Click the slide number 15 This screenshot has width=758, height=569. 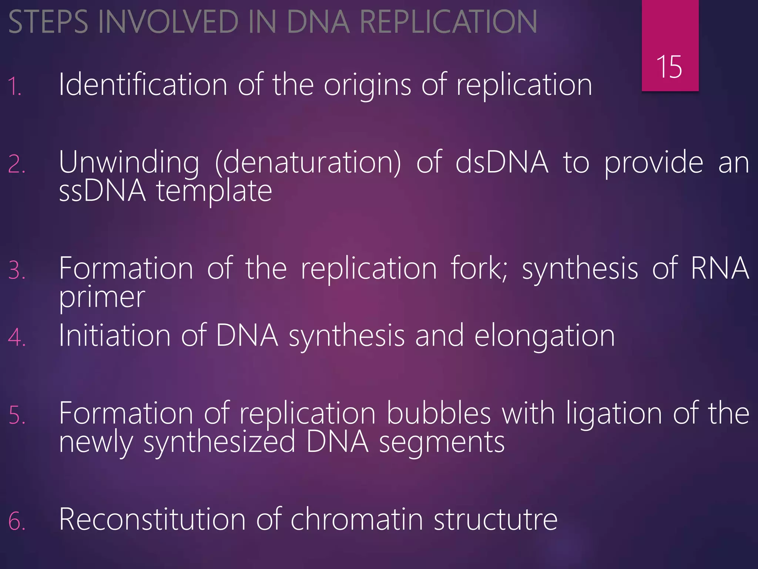669,67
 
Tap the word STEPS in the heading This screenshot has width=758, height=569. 48,22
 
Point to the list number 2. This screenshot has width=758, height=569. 17,164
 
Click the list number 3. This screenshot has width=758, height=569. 17,270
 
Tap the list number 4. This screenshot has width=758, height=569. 17,337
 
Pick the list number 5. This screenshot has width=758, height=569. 17,415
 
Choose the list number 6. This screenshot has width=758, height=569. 17,521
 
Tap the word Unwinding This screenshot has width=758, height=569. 129,163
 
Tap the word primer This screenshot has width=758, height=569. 102,298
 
